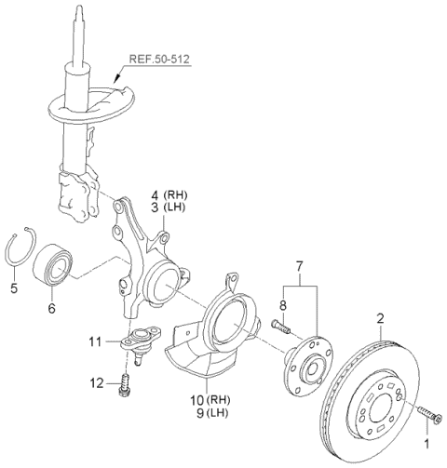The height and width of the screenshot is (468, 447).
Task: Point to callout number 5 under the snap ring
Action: (x=14, y=288)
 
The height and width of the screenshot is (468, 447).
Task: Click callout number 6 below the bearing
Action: (x=52, y=308)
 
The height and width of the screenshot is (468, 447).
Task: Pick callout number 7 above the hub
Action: (x=299, y=267)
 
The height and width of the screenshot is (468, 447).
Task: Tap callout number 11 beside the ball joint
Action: (x=108, y=342)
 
